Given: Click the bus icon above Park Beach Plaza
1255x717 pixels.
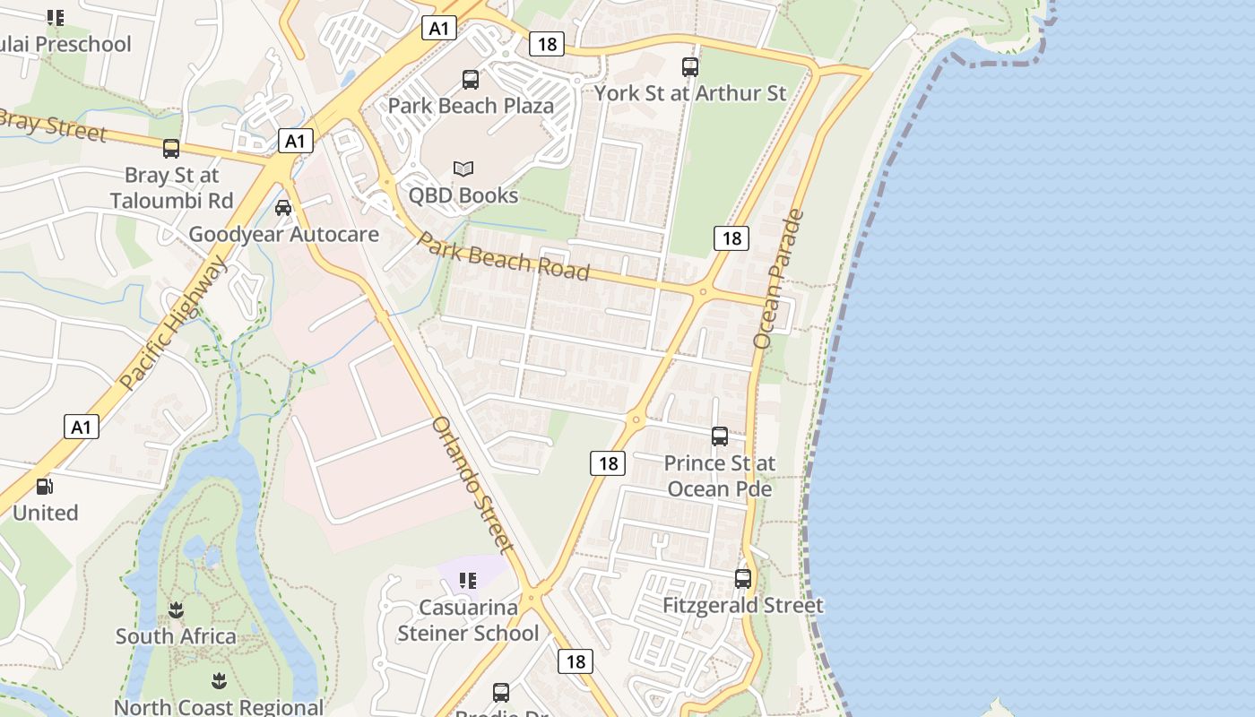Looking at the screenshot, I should pyautogui.click(x=471, y=80).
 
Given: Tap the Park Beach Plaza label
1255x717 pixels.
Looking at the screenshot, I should pyautogui.click(x=471, y=106).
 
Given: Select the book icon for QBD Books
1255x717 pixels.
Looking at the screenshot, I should pyautogui.click(x=463, y=168).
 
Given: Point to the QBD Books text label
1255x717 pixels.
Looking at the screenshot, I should pyautogui.click(x=463, y=195).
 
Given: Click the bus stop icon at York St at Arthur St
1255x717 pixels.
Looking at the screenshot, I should pyautogui.click(x=689, y=66).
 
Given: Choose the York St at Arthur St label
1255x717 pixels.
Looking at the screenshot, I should pyautogui.click(x=689, y=93).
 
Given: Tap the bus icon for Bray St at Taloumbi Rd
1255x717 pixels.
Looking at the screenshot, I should pyautogui.click(x=171, y=149).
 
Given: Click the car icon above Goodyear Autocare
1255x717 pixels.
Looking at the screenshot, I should pyautogui.click(x=283, y=208).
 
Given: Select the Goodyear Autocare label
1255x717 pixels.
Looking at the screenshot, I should pyautogui.click(x=283, y=235).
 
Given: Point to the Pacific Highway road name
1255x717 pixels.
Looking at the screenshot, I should pyautogui.click(x=174, y=323).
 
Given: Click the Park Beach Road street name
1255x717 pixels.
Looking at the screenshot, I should pyautogui.click(x=503, y=257).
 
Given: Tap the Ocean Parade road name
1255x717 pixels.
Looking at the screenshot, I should pyautogui.click(x=778, y=279).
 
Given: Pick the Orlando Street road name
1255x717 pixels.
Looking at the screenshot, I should pyautogui.click(x=472, y=484).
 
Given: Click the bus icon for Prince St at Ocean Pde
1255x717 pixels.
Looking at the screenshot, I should pyautogui.click(x=720, y=436).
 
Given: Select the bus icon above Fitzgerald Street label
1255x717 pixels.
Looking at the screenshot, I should pyautogui.click(x=743, y=579).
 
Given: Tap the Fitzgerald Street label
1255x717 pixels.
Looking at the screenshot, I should pyautogui.click(x=743, y=606).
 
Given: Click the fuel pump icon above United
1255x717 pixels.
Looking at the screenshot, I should pyautogui.click(x=44, y=487).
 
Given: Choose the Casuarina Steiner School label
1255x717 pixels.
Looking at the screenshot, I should pyautogui.click(x=468, y=620).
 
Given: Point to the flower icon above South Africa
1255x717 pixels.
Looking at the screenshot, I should pyautogui.click(x=176, y=610).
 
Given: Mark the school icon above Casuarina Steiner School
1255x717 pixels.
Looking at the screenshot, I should pyautogui.click(x=467, y=581).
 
